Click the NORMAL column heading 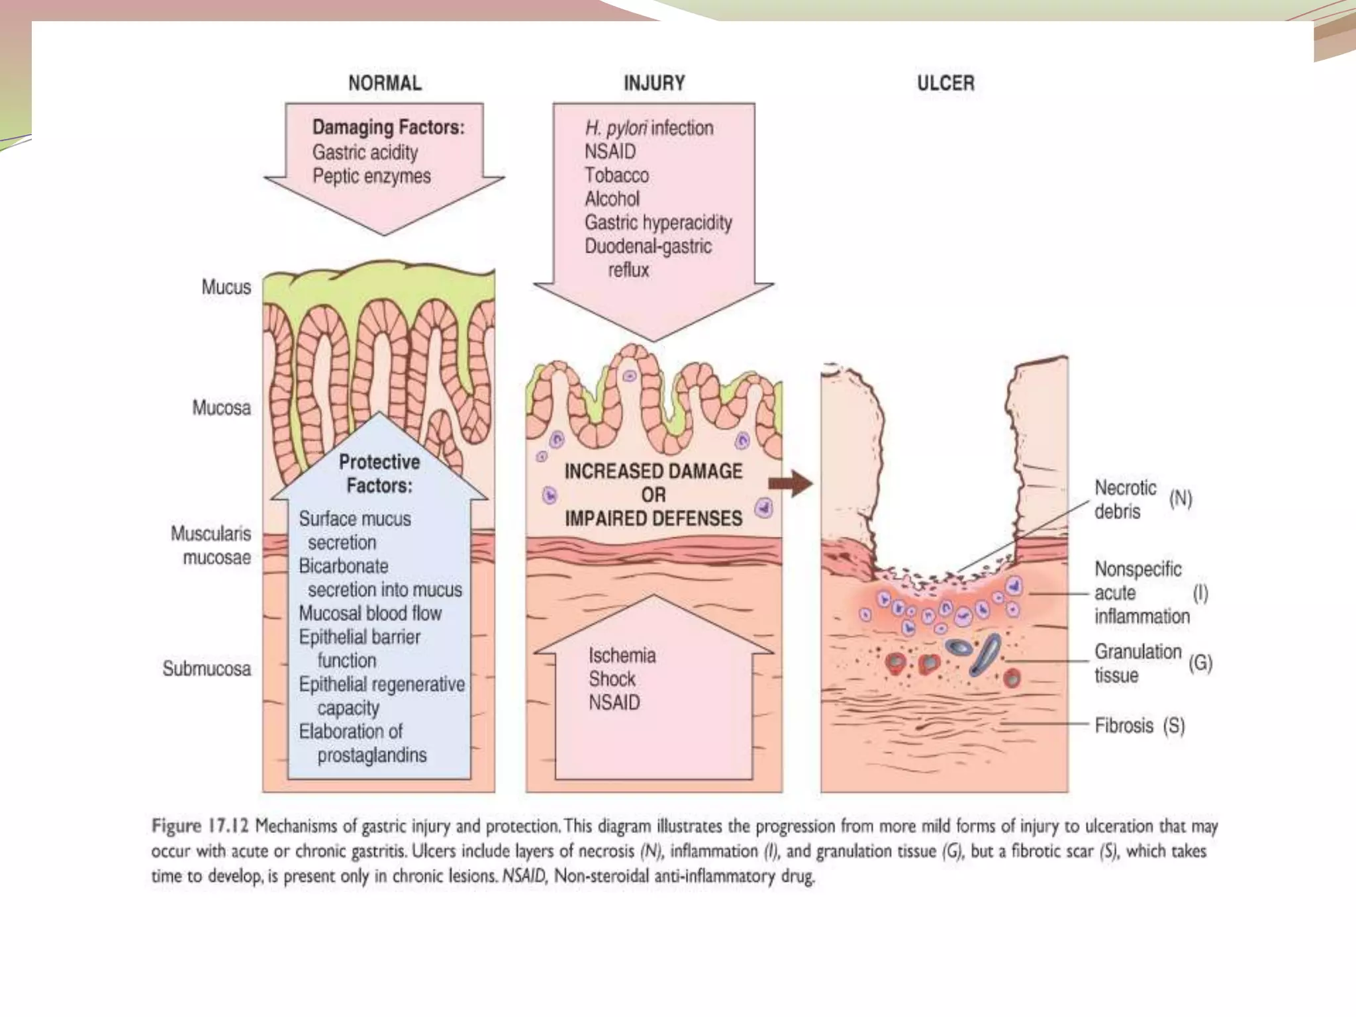[x=385, y=83]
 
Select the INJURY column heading [x=654, y=83]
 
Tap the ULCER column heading [x=945, y=83]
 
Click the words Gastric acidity [x=365, y=152]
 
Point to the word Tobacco [x=616, y=175]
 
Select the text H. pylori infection [x=649, y=128]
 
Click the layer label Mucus [x=226, y=287]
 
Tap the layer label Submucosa [x=207, y=669]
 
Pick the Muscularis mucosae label [x=211, y=546]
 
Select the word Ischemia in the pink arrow [x=622, y=655]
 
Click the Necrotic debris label [x=1126, y=499]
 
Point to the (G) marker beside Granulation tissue [x=1200, y=663]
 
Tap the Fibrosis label [x=1124, y=726]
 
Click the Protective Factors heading [x=379, y=473]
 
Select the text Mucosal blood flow [x=370, y=613]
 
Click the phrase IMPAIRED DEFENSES [x=654, y=518]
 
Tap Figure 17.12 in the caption [x=199, y=826]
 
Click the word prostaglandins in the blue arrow [x=372, y=755]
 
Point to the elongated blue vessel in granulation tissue [x=985, y=654]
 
